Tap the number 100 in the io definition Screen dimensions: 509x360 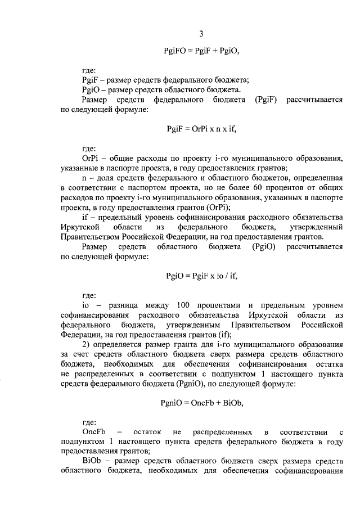click(x=183, y=305)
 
